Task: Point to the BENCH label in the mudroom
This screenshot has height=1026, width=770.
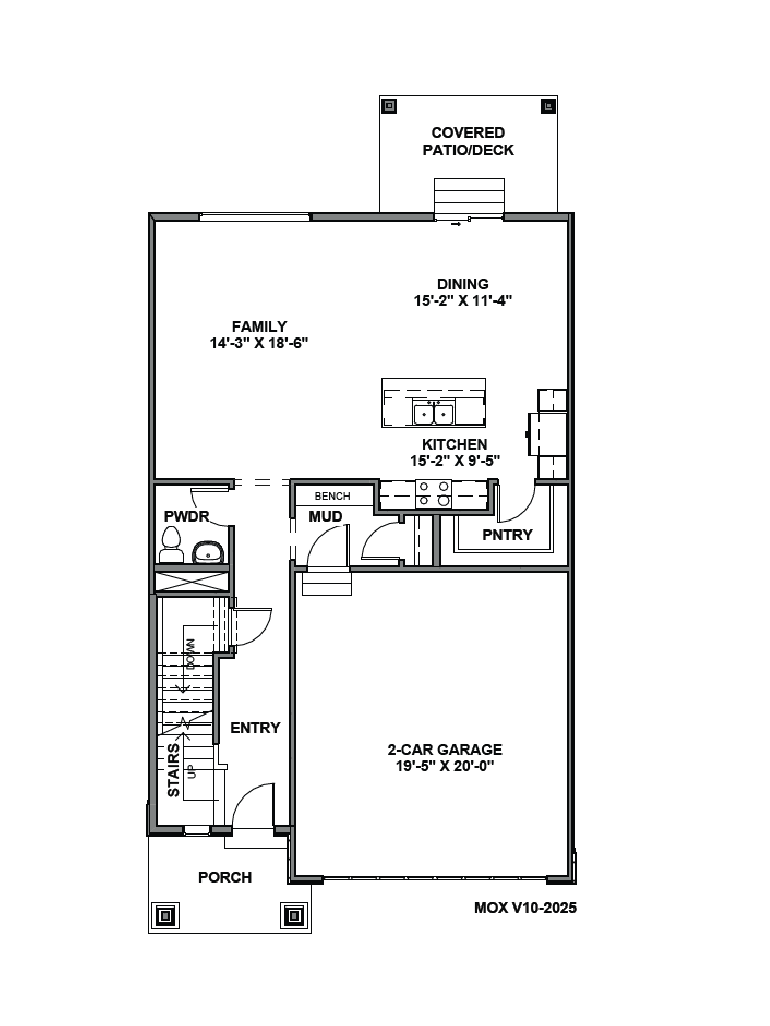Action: pyautogui.click(x=332, y=496)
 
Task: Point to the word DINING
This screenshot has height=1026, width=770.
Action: pyautogui.click(x=463, y=284)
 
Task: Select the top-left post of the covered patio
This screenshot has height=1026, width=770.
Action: pyautogui.click(x=389, y=106)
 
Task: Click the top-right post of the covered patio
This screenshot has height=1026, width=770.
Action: pyautogui.click(x=548, y=106)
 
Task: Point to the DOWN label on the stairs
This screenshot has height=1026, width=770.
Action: pyautogui.click(x=191, y=654)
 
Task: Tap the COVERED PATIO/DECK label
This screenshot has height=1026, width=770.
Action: pyautogui.click(x=468, y=141)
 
